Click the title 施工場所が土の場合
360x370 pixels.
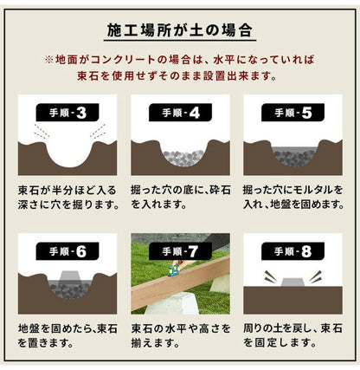179,31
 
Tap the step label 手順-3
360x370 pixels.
65,113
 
